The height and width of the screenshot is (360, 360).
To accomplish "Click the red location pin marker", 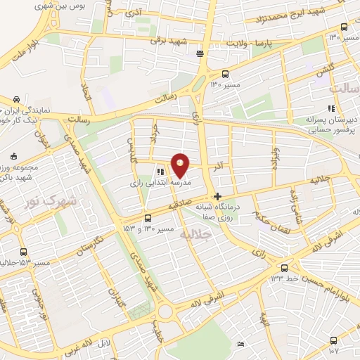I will (181, 165).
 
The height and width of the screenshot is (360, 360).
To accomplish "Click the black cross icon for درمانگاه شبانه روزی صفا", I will (218, 196).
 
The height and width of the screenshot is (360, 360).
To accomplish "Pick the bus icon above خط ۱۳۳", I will (284, 268).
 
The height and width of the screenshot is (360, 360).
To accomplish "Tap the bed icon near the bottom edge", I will (240, 345).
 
